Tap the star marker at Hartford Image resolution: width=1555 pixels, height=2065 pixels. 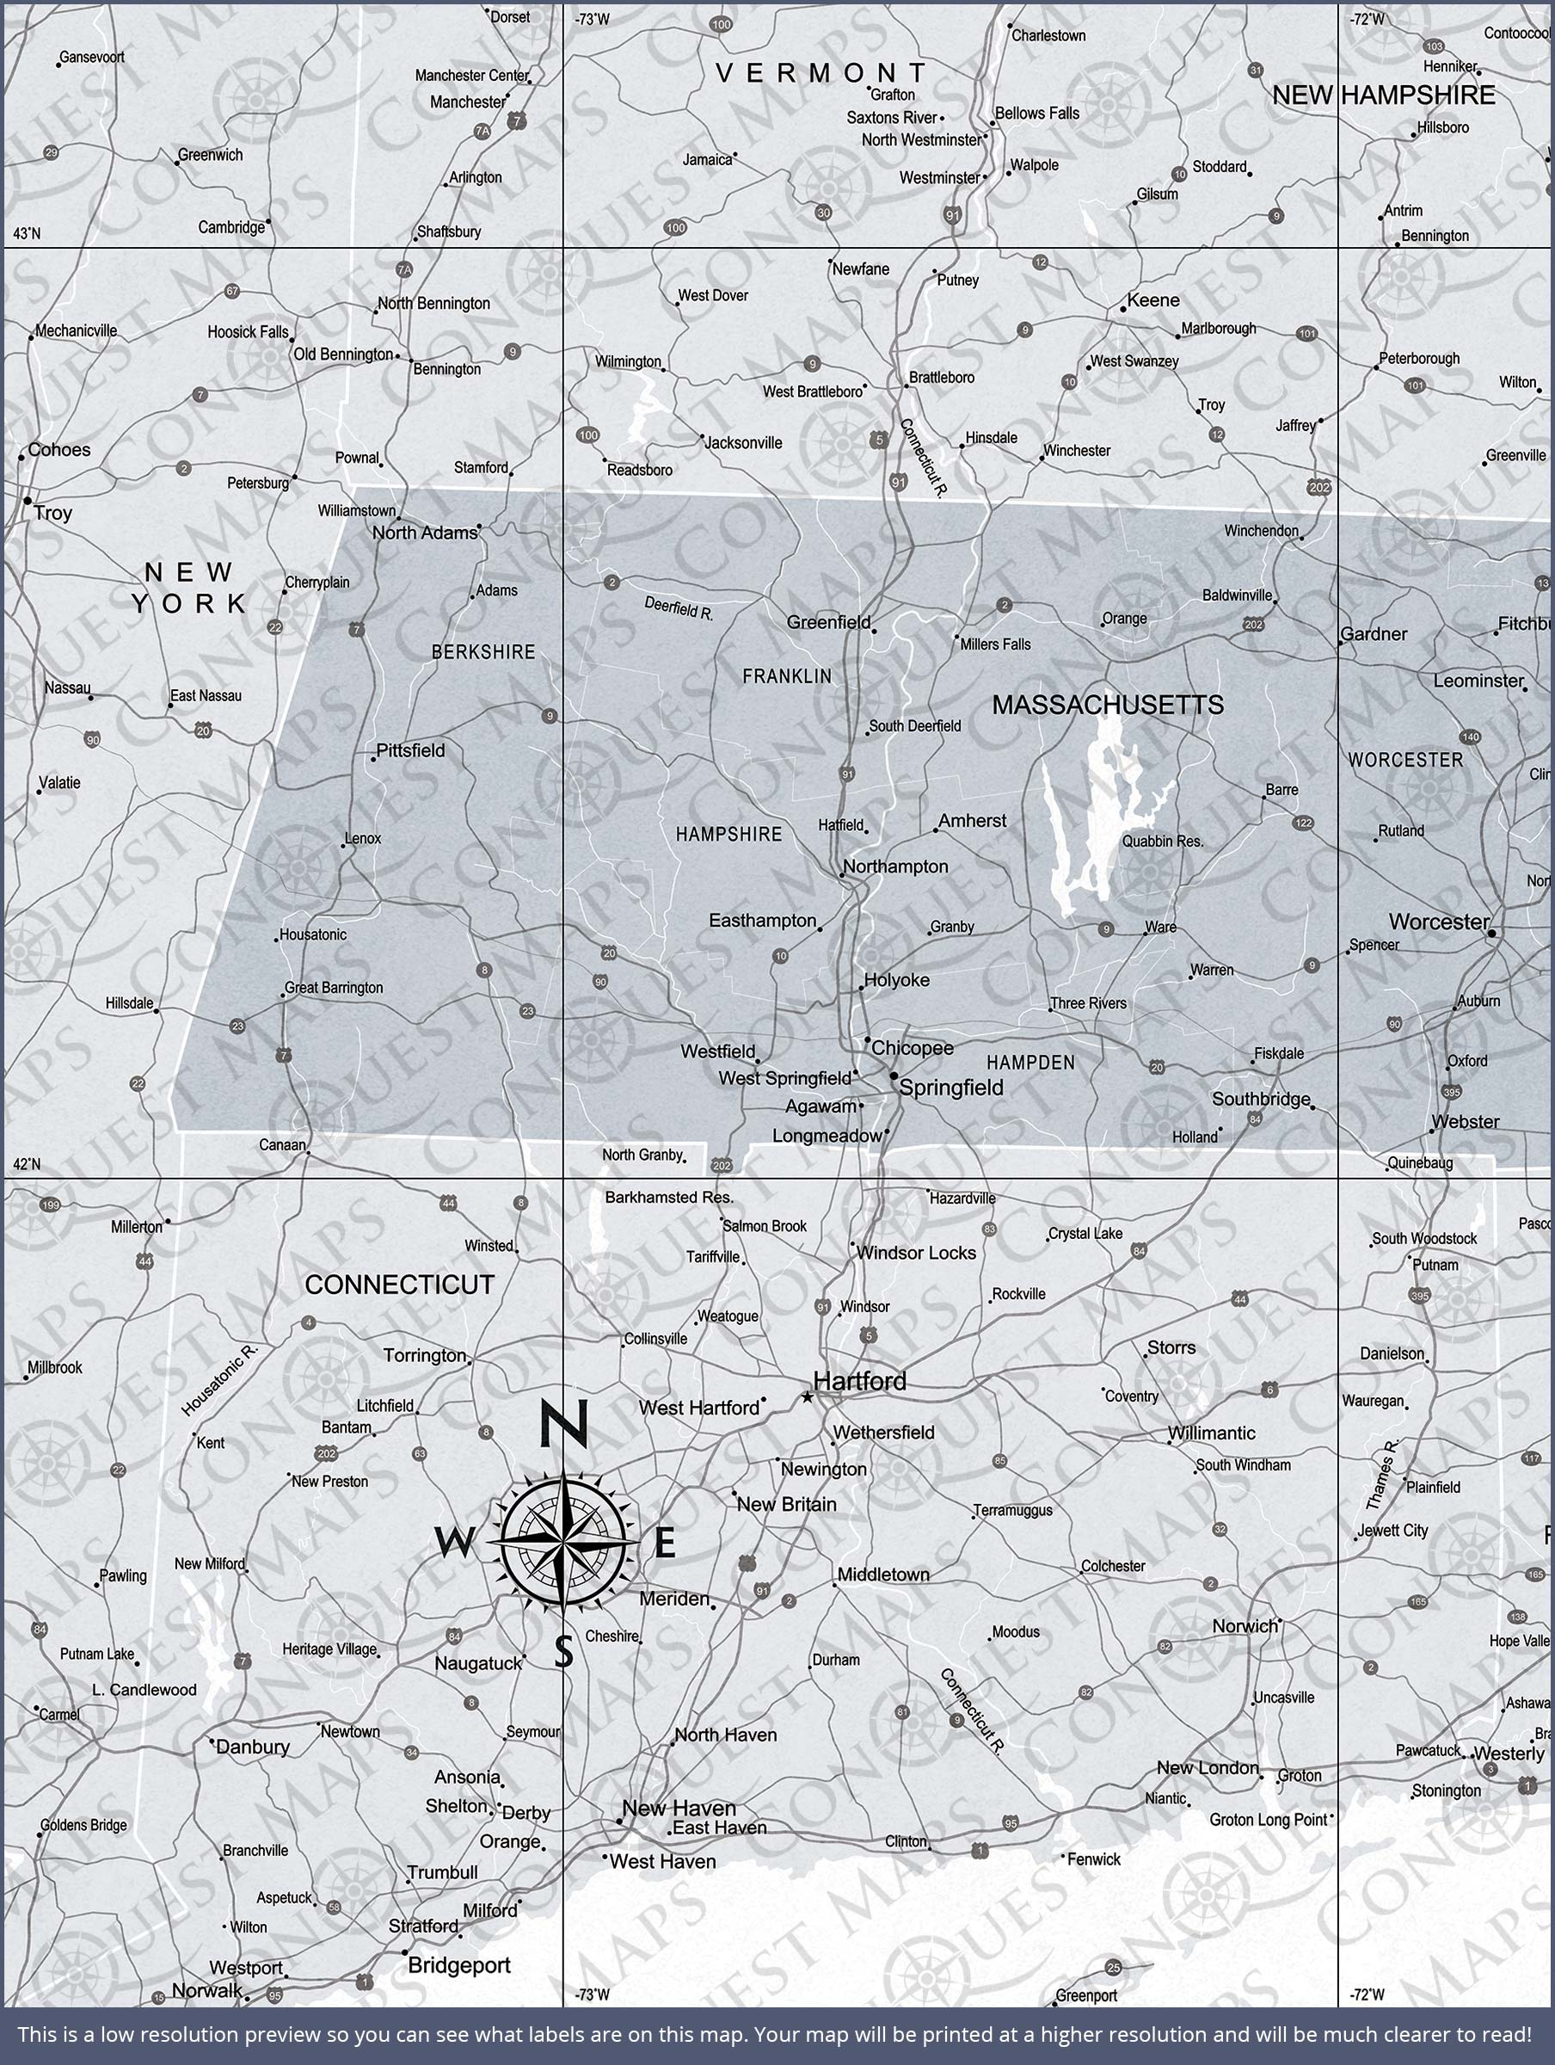(808, 1397)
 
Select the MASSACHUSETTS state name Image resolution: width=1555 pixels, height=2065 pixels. (1107, 705)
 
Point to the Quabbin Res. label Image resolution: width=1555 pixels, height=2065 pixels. (1162, 841)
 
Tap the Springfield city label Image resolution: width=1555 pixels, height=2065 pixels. (950, 1088)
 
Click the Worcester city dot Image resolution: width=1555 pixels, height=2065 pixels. (1491, 933)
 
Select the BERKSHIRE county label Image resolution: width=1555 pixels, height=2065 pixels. (482, 652)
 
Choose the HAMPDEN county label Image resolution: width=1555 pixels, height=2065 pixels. (1030, 1063)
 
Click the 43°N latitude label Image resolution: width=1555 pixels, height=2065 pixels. (27, 233)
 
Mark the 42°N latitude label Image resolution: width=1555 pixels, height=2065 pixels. (27, 1163)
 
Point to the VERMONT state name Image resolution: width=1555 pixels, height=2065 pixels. (821, 73)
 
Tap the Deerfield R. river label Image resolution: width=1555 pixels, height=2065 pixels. (679, 608)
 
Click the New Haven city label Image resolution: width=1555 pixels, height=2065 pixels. (679, 1808)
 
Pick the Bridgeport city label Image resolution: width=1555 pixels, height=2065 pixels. (458, 1965)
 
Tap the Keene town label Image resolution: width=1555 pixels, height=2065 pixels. (1152, 300)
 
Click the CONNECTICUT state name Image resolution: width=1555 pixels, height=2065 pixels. (399, 1285)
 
